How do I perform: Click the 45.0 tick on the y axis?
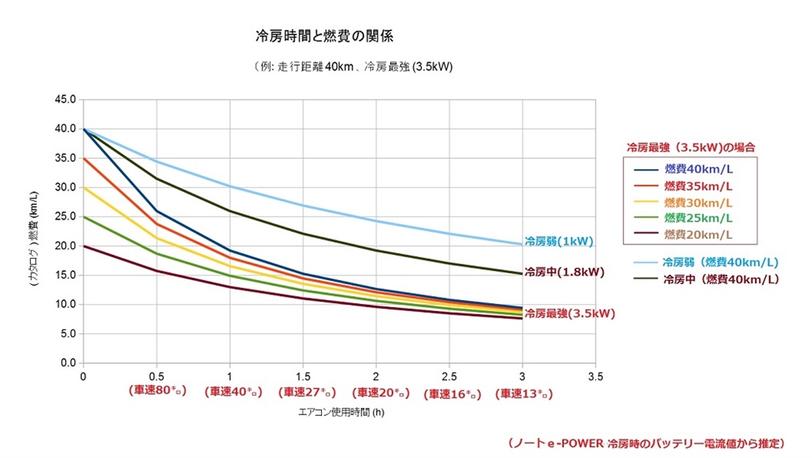[x=64, y=100]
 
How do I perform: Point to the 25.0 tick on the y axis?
[x=64, y=217]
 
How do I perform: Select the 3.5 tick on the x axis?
[x=596, y=376]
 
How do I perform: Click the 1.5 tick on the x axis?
[x=303, y=376]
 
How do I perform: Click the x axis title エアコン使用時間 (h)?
[x=341, y=413]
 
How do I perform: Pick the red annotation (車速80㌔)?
[x=156, y=392]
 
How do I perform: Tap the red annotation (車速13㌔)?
[x=523, y=393]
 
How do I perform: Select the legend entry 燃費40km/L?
[x=698, y=169]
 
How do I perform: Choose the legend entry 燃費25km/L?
[x=698, y=217]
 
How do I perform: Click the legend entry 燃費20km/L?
[x=698, y=234]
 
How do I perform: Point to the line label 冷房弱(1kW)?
[x=558, y=241]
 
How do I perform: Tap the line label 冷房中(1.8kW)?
[x=564, y=271]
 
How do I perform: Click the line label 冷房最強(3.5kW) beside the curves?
[x=569, y=314]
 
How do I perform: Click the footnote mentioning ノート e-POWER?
[x=645, y=441]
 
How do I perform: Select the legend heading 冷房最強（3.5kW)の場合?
[x=690, y=147]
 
